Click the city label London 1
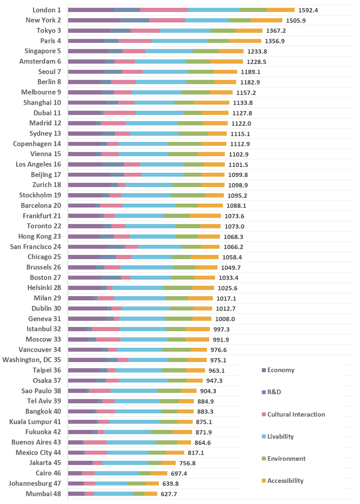46,10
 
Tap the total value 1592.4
308,10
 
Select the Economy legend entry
281,370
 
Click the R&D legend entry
274,392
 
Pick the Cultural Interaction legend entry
296,414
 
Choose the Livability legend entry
280,437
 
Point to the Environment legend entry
286,458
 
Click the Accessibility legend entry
285,481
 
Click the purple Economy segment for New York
94,20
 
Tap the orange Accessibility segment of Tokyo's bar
249,30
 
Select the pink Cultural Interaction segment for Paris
135,41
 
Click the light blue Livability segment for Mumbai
113,494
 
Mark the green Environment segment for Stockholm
188,195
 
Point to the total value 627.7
169,494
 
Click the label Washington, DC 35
32,360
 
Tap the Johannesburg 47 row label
35,483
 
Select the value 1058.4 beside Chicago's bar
232,257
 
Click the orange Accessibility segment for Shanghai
212,102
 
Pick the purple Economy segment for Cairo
75,473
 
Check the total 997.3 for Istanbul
221,329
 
